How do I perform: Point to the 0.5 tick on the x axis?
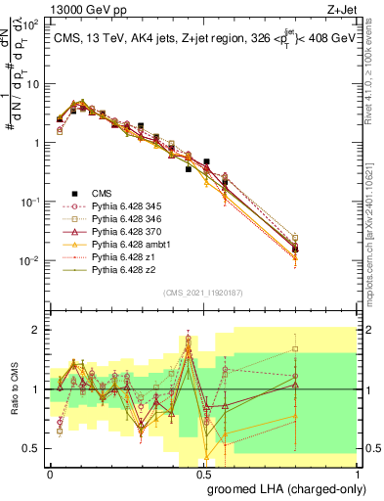[203, 473]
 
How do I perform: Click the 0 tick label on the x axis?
[50, 473]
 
